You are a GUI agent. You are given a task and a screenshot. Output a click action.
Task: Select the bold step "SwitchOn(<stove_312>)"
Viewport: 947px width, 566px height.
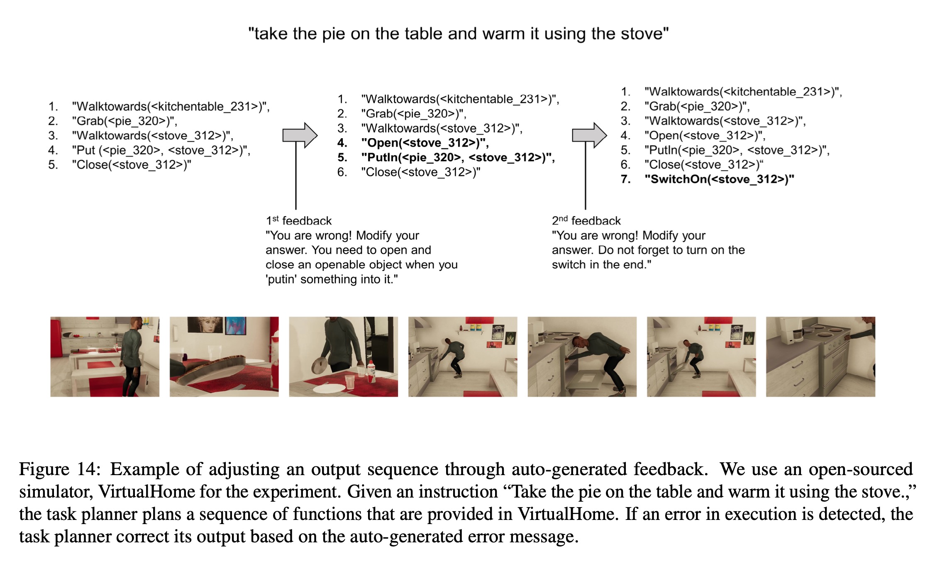point(719,179)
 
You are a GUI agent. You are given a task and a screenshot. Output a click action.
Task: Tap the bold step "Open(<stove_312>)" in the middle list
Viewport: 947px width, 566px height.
point(425,143)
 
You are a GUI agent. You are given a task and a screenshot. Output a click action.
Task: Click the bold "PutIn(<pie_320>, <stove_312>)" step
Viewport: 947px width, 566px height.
point(457,157)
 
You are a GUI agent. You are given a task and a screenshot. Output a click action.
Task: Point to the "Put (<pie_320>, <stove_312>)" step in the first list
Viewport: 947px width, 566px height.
point(161,150)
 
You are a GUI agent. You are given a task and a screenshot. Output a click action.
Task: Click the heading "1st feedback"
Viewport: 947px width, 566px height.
point(298,221)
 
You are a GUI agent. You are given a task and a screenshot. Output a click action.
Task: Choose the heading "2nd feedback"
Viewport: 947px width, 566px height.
point(586,221)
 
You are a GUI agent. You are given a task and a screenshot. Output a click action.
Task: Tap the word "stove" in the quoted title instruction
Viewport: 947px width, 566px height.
point(639,34)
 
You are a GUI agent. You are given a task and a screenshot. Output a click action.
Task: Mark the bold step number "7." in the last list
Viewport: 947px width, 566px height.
point(626,179)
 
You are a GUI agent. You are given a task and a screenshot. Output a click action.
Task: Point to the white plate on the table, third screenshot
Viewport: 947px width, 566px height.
point(329,389)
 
